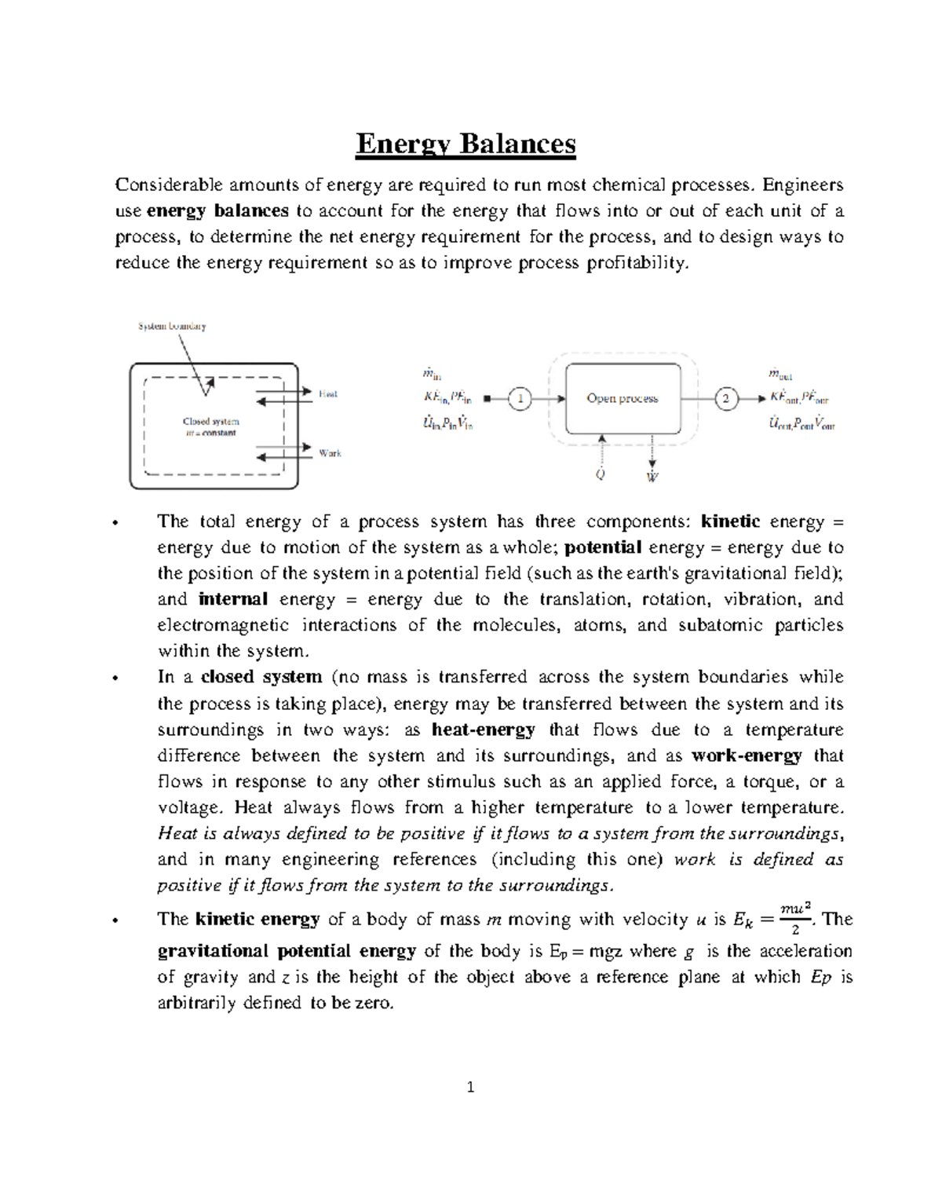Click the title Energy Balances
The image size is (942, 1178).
pyautogui.click(x=466, y=145)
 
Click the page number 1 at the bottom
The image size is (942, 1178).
pyautogui.click(x=470, y=1088)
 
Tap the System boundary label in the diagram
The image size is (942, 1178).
pyautogui.click(x=172, y=326)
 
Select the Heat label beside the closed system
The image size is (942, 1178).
pyautogui.click(x=327, y=394)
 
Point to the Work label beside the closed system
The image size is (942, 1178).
pyautogui.click(x=330, y=453)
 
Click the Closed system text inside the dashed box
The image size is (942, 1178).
pyautogui.click(x=211, y=422)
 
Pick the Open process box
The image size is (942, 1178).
pyautogui.click(x=623, y=398)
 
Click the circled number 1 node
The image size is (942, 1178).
pyautogui.click(x=519, y=399)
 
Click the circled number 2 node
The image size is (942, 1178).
pyautogui.click(x=726, y=399)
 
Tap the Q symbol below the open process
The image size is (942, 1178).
pyautogui.click(x=601, y=474)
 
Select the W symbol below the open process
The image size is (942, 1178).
pyautogui.click(x=652, y=477)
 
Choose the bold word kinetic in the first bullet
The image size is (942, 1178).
pyautogui.click(x=730, y=522)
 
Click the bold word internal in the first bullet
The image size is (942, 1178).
pyautogui.click(x=233, y=600)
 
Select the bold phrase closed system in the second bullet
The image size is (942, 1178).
pyautogui.click(x=261, y=677)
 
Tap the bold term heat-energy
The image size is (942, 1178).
pyautogui.click(x=484, y=730)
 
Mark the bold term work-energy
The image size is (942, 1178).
pyautogui.click(x=747, y=755)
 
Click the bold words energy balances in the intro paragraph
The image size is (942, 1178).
pyautogui.click(x=218, y=210)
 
